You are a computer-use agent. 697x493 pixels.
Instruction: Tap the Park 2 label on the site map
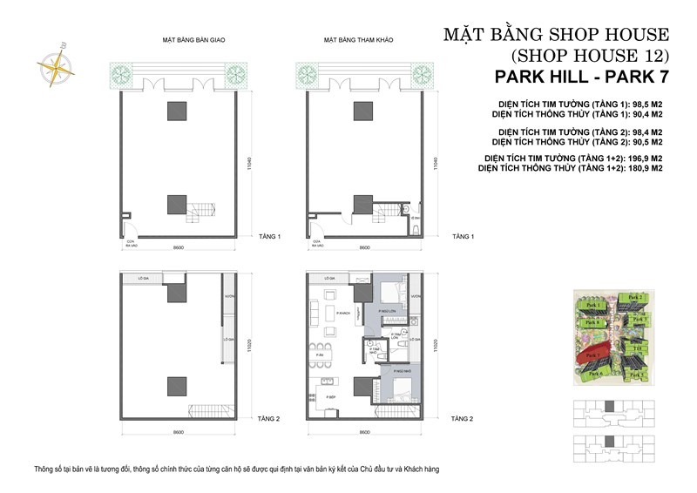pyautogui.click(x=635, y=298)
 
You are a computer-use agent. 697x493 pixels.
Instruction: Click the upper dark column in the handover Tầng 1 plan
pyautogui.click(x=177, y=110)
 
